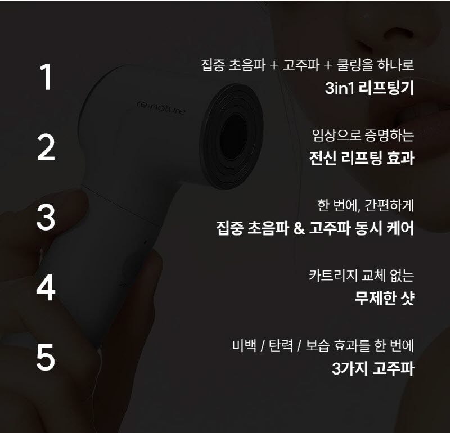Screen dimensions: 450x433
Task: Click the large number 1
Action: click(46, 77)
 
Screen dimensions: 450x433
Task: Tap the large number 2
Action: click(46, 147)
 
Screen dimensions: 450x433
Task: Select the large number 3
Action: click(46, 217)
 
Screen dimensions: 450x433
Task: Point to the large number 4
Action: click(46, 287)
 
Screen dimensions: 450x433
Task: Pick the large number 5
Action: click(46, 357)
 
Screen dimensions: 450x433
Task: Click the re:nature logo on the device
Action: click(161, 107)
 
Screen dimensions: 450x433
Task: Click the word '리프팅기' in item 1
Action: click(386, 88)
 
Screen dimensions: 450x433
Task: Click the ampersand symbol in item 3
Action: click(299, 229)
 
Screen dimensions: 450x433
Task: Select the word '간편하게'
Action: click(389, 205)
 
